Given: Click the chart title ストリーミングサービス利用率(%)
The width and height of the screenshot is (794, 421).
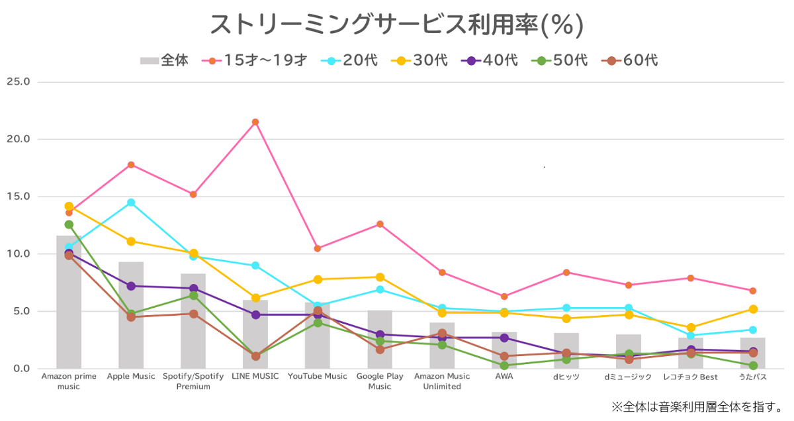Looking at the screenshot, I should (x=396, y=24).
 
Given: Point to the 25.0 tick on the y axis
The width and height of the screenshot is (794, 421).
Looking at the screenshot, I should (x=18, y=82).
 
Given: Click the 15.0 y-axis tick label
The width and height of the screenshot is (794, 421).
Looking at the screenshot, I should (x=18, y=197).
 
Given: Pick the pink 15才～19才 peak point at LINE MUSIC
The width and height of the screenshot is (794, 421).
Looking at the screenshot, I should (x=255, y=122).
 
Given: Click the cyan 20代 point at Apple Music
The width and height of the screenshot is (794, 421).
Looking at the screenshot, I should (x=131, y=203).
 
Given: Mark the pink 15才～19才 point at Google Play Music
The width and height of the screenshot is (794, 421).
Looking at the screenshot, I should (x=380, y=224).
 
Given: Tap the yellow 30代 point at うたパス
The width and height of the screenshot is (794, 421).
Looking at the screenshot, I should (x=753, y=309).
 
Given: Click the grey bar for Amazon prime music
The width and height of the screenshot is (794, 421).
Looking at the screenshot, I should (x=69, y=304).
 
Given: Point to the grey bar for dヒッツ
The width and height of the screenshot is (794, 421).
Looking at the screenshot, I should (x=566, y=351).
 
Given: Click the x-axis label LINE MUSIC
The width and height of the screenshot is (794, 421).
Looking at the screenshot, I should (x=255, y=377).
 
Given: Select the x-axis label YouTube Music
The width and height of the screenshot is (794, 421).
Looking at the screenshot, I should (x=318, y=377).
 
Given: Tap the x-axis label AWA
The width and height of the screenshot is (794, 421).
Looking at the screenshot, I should (x=504, y=377).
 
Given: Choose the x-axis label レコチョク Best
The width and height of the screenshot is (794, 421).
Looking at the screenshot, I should (x=691, y=377).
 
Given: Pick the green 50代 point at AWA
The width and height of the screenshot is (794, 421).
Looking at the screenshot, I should (x=504, y=365).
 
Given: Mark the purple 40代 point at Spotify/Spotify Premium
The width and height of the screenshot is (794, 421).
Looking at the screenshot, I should (x=193, y=289).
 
